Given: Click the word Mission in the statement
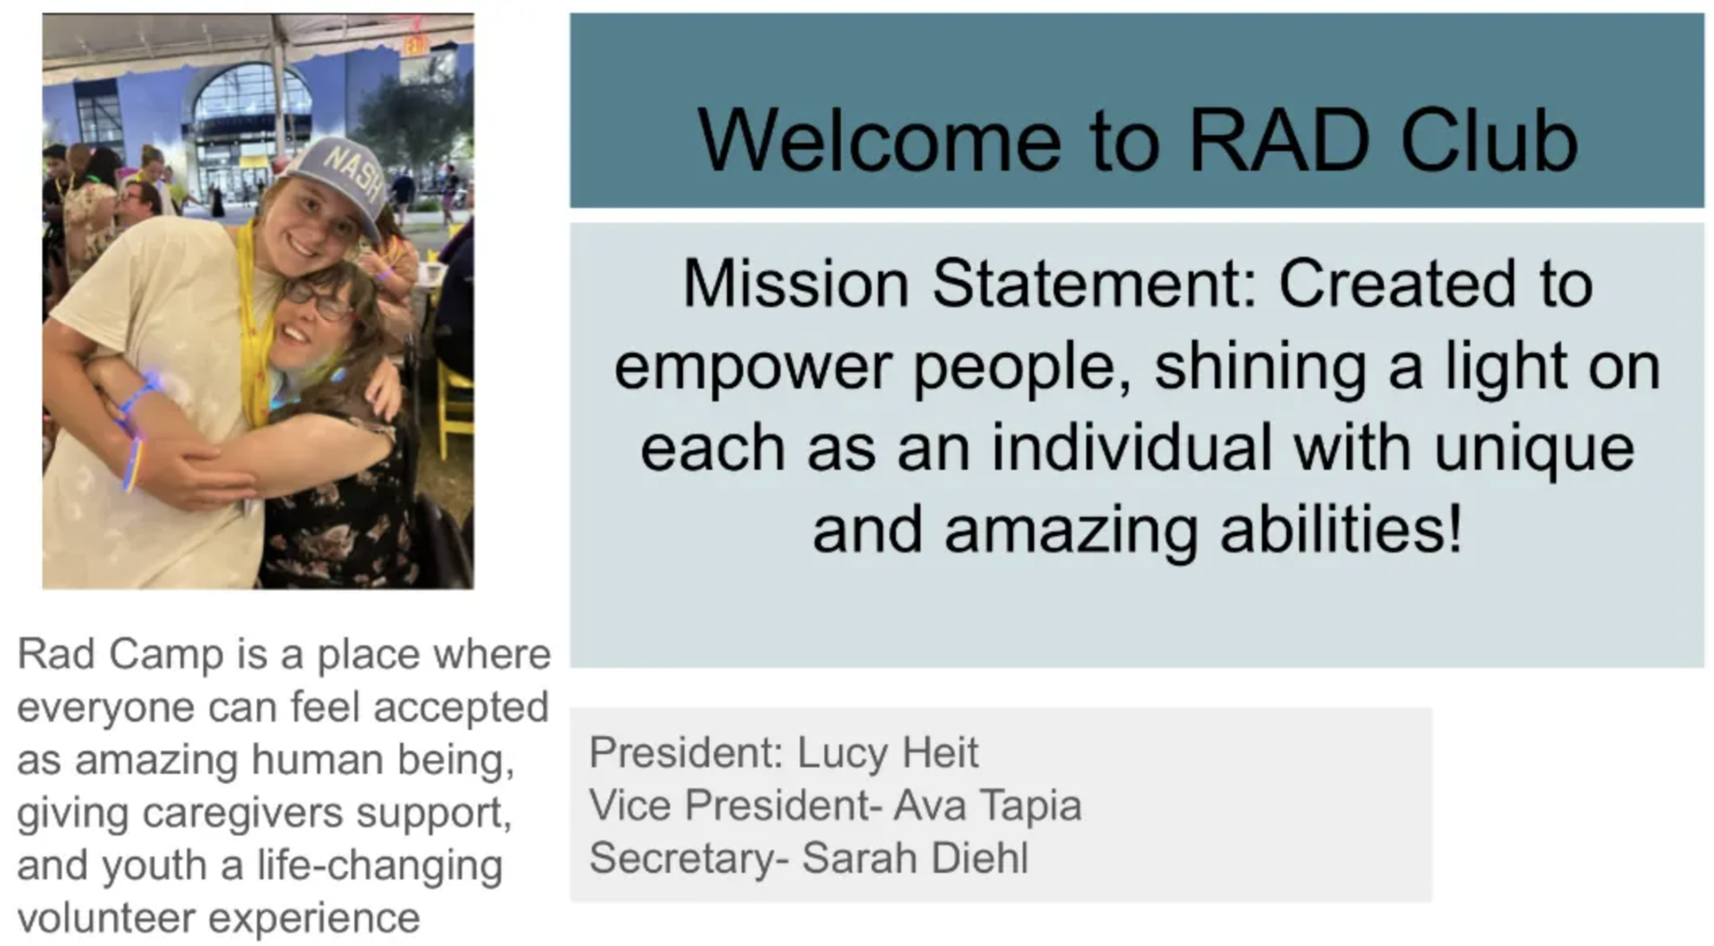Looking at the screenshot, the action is click(795, 284).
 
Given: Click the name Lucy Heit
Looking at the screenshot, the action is click(887, 752).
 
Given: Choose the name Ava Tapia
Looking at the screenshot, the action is click(987, 805).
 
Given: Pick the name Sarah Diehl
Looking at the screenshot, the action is click(915, 858).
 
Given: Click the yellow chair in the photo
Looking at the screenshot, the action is click(453, 407).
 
